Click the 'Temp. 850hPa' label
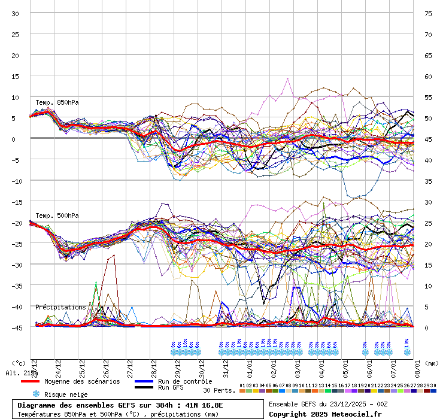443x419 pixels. tap(57, 102)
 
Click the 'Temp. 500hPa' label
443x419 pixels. tap(57, 215)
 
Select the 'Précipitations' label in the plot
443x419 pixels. tap(60, 307)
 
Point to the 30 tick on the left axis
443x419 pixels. tap(16, 13)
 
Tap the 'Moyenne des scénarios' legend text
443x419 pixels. tap(82, 381)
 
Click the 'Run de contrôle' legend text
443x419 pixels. tap(185, 381)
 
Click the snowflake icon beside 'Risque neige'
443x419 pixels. tap(35, 394)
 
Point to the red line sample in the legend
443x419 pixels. tap(30, 381)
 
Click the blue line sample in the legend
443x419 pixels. tap(144, 381)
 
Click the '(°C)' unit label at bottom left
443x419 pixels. tap(19, 363)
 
